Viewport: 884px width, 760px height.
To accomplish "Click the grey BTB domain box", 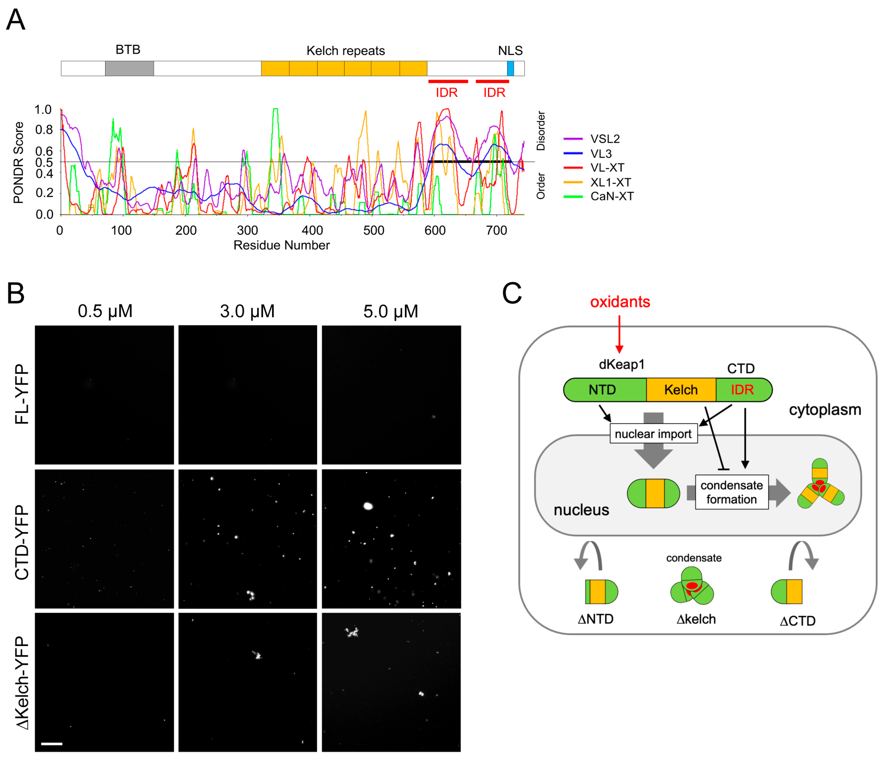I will pos(129,68).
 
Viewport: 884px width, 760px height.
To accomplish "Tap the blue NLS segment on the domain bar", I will pos(510,68).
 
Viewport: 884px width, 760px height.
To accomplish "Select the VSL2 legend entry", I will pos(605,139).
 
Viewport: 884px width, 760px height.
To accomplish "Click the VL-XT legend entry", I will pos(607,168).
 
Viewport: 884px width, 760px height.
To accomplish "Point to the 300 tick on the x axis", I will pos(247,230).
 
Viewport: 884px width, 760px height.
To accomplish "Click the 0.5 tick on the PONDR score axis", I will pos(44,162).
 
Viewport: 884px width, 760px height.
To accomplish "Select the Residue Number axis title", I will pos(281,245).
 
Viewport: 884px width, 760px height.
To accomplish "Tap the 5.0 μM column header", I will pos(390,311).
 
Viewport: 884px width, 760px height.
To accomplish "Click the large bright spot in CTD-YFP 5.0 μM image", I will pos(368,506).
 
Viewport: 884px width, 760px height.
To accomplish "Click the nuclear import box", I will pos(653,434).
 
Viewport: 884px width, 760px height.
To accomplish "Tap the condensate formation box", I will pos(731,492).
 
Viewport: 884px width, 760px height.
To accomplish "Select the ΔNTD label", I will pos(595,619).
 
